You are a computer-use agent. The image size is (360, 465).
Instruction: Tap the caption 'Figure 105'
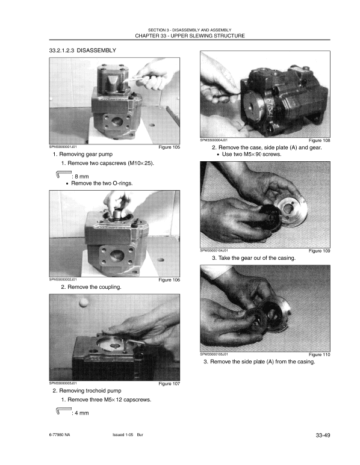tap(169, 146)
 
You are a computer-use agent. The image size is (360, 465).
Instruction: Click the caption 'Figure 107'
tap(169, 383)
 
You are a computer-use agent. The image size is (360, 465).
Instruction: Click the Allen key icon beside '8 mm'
tap(62, 174)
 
